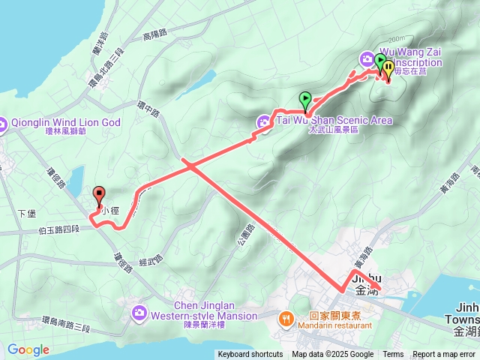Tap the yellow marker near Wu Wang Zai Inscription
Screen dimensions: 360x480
tap(388, 68)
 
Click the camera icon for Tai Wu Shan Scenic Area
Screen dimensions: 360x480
tap(264, 121)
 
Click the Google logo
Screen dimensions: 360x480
tap(28, 350)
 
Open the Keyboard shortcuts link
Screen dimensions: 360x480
tap(250, 355)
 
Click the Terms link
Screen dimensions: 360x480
tap(393, 355)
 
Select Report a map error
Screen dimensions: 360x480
tap(445, 355)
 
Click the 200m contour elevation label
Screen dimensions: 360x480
tap(397, 39)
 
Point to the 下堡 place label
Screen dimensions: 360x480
tap(26, 214)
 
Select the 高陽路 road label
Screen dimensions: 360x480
tap(152, 34)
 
